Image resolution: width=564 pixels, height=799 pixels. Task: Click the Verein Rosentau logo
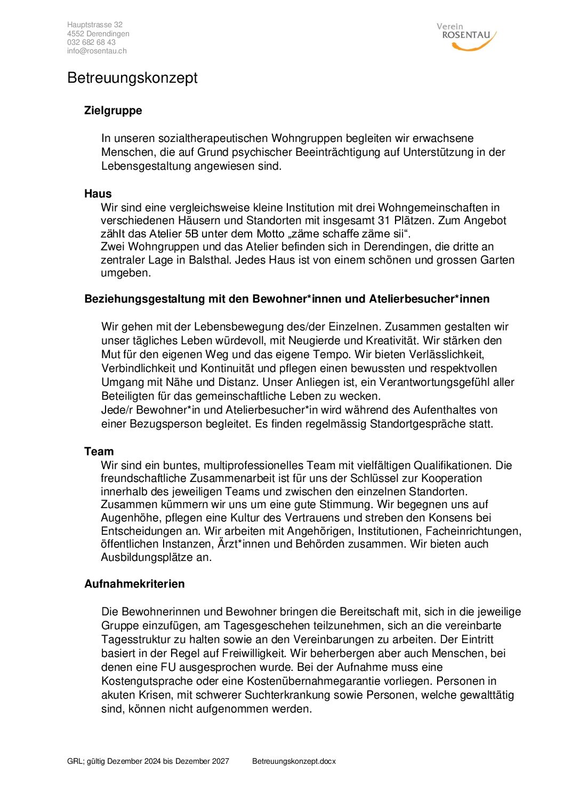coord(466,37)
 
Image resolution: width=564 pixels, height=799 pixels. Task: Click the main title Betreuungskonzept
coord(132,78)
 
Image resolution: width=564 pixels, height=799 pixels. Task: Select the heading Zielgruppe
coord(113,110)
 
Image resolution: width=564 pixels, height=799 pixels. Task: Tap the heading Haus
coord(98,194)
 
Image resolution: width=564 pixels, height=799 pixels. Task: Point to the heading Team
coord(99,452)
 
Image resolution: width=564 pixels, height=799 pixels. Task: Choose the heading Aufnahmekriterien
coord(134,584)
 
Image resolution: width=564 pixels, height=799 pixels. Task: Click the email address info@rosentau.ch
coord(97,51)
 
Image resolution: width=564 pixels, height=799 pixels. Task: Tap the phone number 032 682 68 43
coord(91,42)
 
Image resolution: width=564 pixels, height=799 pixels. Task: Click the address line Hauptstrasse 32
coord(95,25)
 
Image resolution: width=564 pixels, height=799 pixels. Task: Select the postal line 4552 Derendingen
coord(98,34)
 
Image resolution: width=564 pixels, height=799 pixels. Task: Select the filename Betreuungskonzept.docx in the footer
coord(294,761)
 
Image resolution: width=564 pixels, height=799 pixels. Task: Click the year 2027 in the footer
coord(220,761)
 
